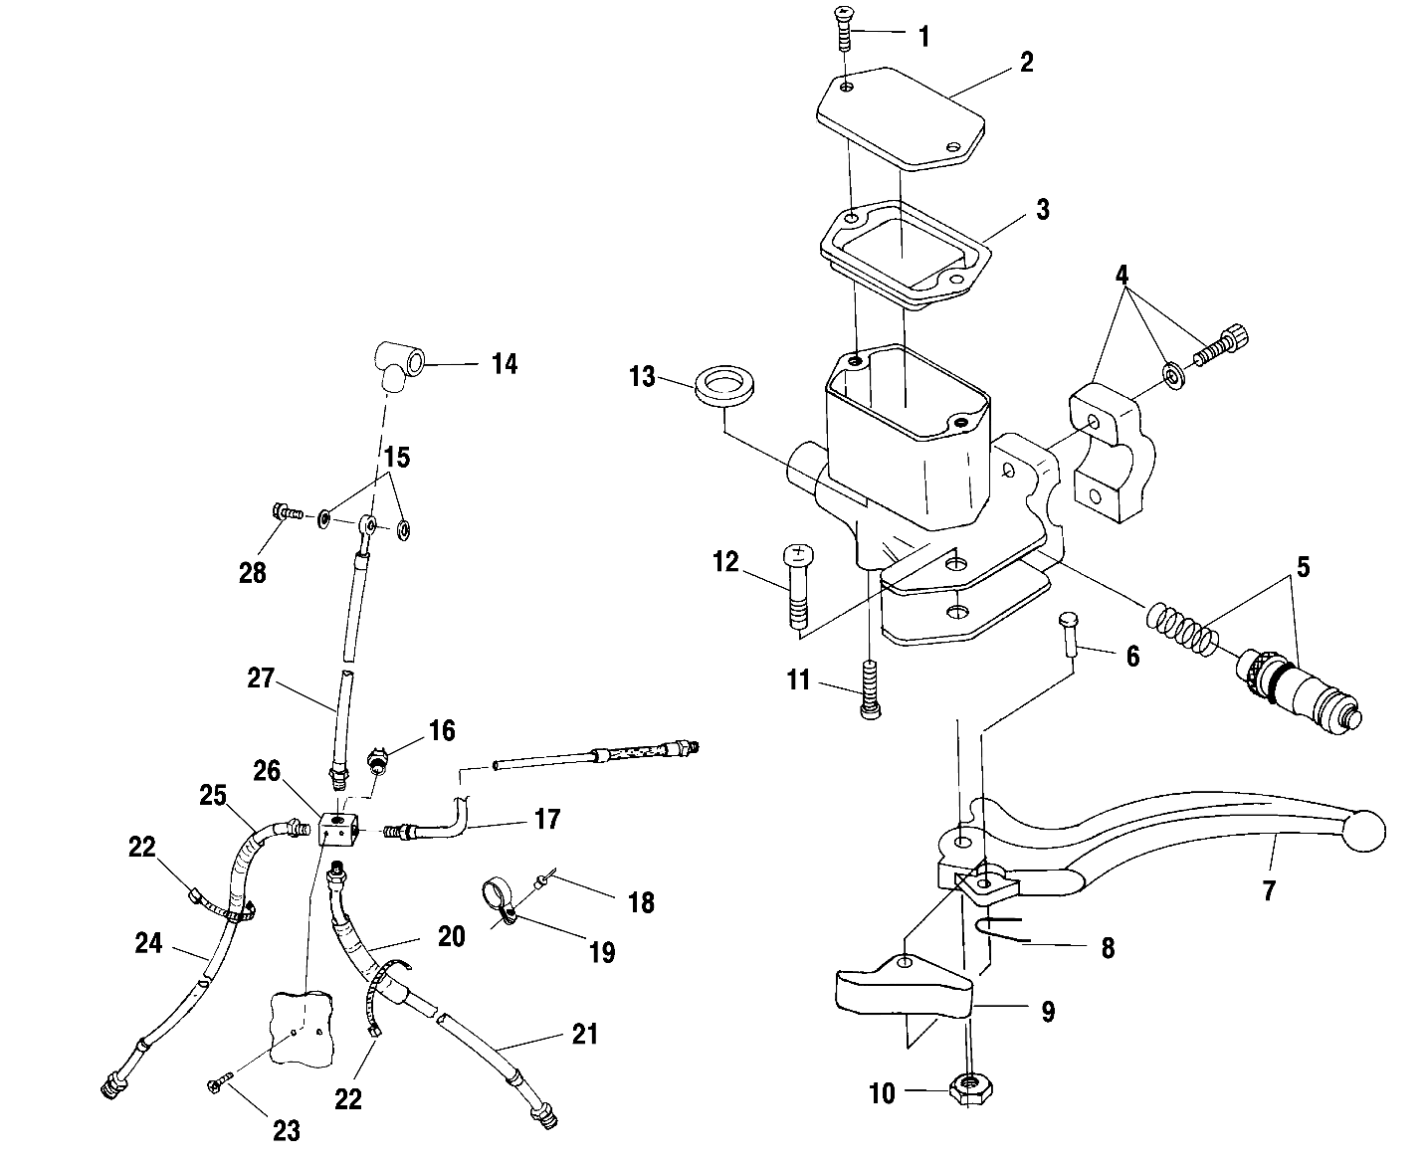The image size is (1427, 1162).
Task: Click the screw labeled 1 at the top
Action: (843, 28)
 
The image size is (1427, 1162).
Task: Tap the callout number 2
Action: (1026, 63)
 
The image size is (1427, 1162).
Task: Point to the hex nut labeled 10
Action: (971, 1091)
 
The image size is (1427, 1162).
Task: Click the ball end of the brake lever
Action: (1364, 831)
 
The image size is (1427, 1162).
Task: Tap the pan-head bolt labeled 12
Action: (798, 587)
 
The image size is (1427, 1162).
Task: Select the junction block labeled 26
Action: (337, 829)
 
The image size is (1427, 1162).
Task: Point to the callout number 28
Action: (253, 573)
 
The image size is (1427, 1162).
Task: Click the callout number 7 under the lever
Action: (1268, 890)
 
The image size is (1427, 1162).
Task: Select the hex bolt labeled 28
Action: (288, 513)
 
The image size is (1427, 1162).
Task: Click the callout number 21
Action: (584, 1034)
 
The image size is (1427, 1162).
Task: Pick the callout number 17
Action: (547, 819)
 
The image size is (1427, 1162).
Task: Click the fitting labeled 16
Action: (377, 761)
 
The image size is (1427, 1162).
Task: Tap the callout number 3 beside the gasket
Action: (1043, 210)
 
